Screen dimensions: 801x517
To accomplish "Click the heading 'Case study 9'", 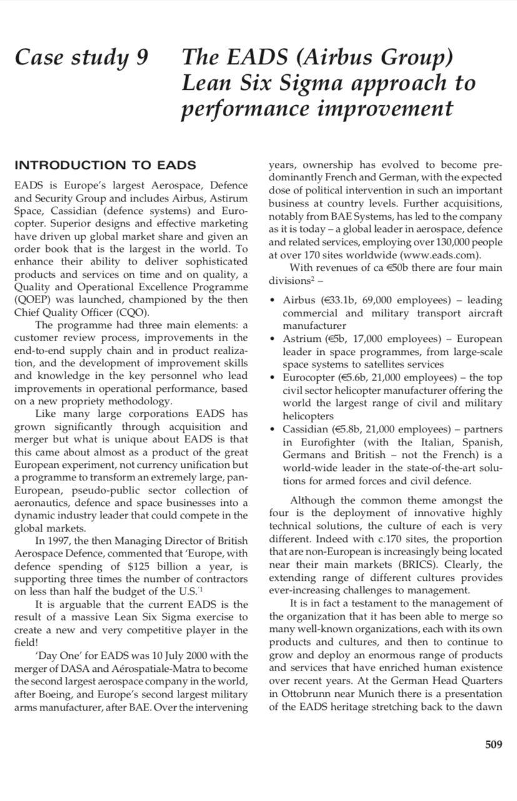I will tap(82, 57).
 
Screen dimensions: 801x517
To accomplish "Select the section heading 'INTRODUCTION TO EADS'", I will tap(105, 165).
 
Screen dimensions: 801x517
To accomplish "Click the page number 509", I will tap(493, 744).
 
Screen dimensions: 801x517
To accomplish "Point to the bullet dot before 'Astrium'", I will tap(273, 339).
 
